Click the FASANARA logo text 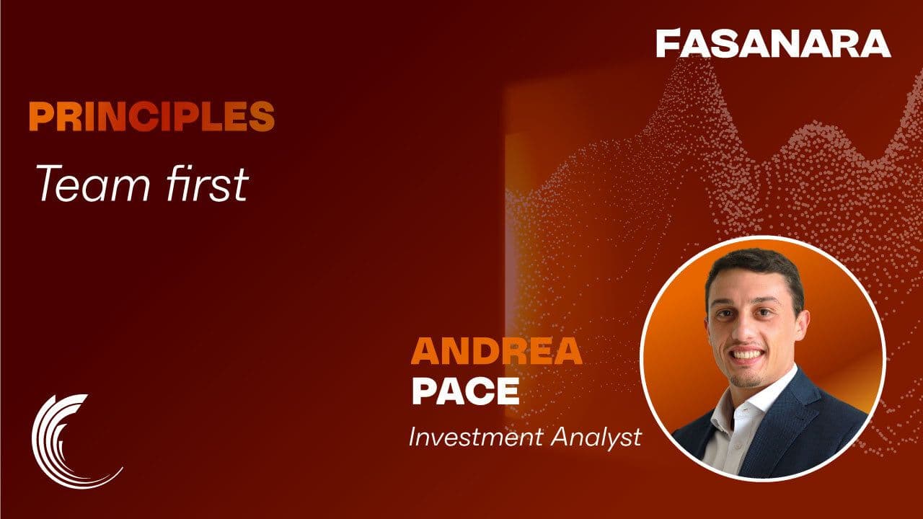pos(774,43)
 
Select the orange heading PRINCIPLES pos(151,117)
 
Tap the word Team pos(94,184)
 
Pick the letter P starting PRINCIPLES pos(40,117)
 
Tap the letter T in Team pos(50,184)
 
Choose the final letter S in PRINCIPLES pos(262,117)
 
